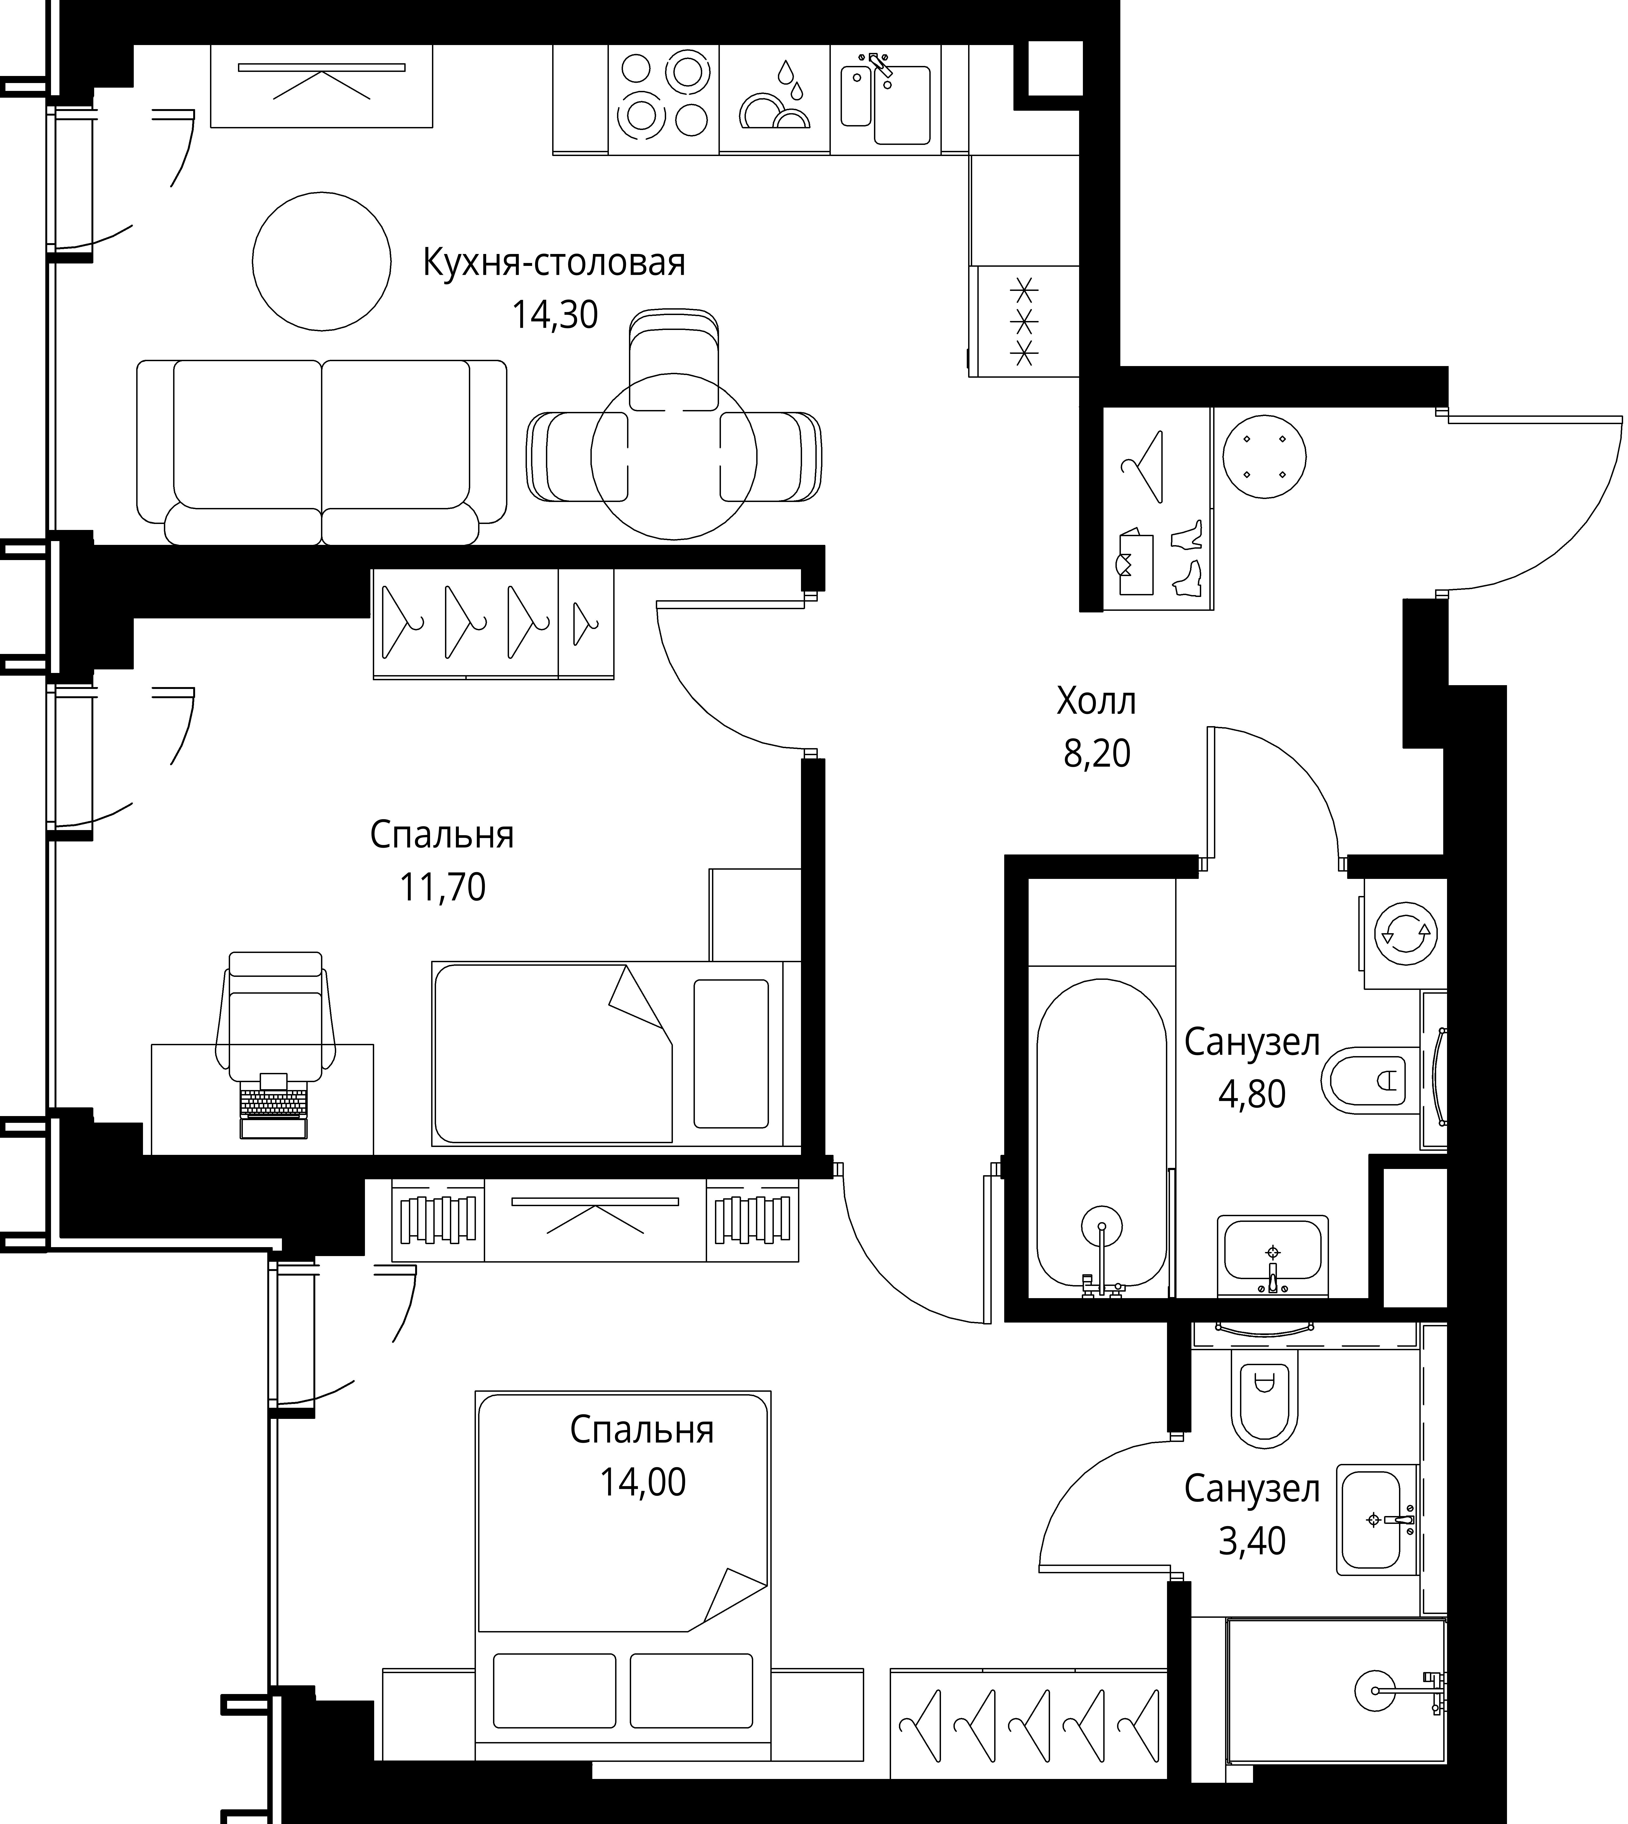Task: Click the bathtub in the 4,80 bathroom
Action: point(1101,1132)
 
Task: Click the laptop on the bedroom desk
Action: point(274,1106)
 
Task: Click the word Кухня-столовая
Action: point(554,263)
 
